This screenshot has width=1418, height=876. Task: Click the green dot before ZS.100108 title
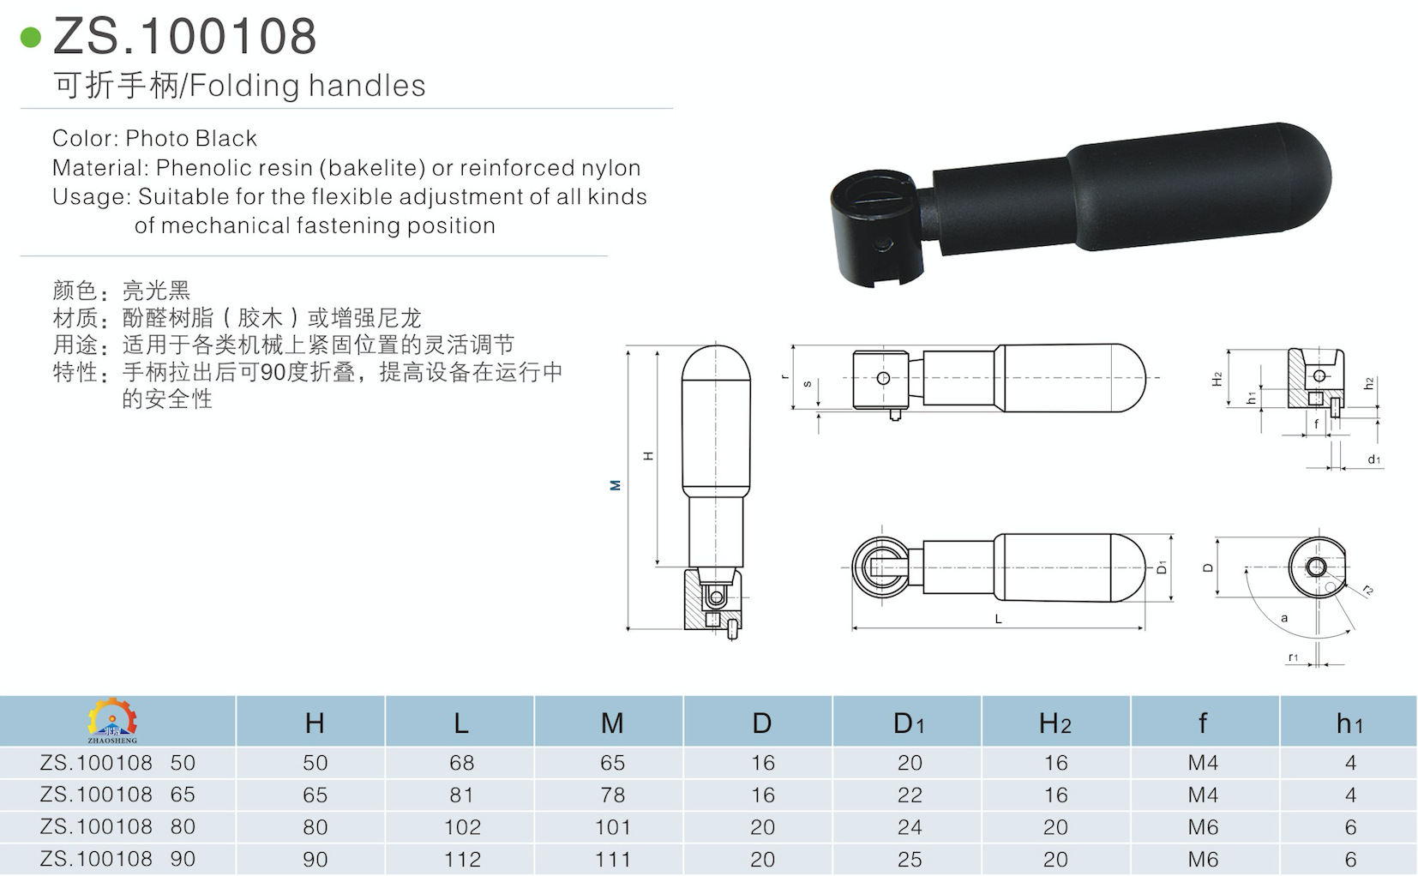pos(31,38)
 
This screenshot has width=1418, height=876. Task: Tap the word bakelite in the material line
pos(376,168)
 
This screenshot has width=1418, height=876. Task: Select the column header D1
pos(909,723)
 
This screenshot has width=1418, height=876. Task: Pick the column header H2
pos(1054,723)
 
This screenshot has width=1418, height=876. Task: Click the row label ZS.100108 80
pos(117,827)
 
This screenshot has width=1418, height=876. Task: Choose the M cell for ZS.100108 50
pos(612,763)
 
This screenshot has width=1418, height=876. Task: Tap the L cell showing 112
pos(462,859)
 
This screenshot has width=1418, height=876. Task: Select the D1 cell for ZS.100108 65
pos(910,795)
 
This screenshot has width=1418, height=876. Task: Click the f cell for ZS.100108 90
pos(1203,859)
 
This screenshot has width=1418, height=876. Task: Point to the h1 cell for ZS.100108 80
pos(1350,827)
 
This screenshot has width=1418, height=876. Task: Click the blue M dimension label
pos(615,485)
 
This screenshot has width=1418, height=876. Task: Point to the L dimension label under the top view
pos(998,618)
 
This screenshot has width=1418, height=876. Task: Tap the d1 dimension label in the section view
pos(1373,460)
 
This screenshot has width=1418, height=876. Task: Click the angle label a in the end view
pos(1283,617)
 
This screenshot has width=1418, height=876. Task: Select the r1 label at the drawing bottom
pos(1293,657)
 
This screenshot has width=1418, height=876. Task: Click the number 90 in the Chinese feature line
pos(272,372)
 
